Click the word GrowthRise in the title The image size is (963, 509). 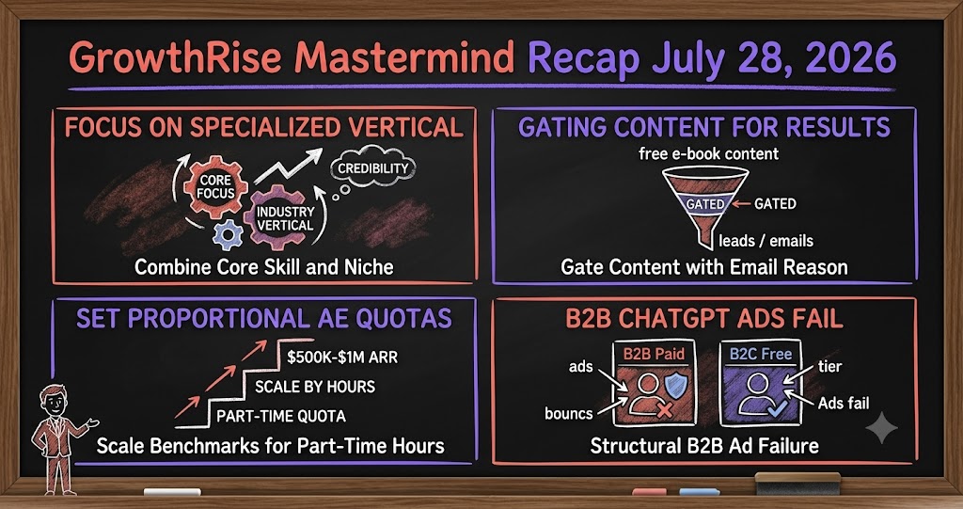coord(174,57)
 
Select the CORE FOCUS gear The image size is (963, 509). coord(215,186)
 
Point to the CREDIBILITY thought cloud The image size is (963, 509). coord(372,167)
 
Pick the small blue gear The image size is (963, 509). coord(229,234)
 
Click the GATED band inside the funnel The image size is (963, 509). coord(704,203)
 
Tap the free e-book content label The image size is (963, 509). coord(709,153)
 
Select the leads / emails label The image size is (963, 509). coord(766,240)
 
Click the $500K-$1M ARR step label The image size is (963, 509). coord(342,358)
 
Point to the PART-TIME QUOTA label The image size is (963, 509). coord(280,416)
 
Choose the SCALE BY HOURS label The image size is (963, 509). coord(315,387)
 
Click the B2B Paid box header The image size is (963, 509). coord(654,354)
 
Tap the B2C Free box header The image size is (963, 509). coord(760,354)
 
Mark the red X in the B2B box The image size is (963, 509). coord(664,410)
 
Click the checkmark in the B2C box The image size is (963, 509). coord(771,408)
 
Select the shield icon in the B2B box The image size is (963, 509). coord(676,386)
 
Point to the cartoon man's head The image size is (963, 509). coord(54,400)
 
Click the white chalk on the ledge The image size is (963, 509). coord(172,492)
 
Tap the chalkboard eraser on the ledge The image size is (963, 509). coord(797,484)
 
